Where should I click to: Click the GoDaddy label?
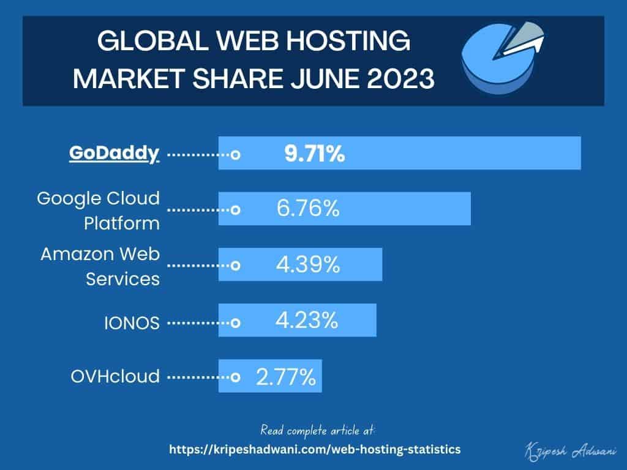[114, 153]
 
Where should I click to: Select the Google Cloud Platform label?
[98, 210]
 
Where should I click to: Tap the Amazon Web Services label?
[100, 266]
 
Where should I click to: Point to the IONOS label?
[131, 322]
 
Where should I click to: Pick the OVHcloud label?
[115, 376]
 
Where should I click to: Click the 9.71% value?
[314, 154]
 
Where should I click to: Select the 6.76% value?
[307, 209]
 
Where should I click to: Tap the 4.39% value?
[307, 265]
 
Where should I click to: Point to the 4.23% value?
[307, 320]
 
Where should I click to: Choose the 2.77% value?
[285, 376]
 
